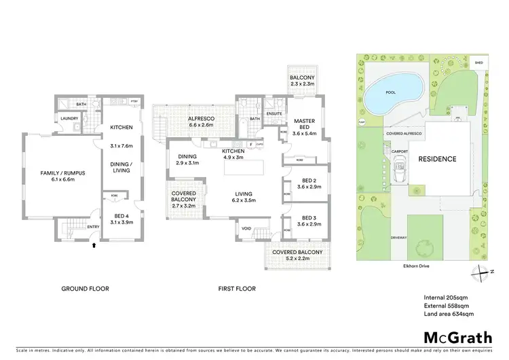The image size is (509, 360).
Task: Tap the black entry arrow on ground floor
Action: (x=93, y=247)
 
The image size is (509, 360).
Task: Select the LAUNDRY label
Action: (x=66, y=118)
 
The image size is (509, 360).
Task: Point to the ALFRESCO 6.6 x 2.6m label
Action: (x=201, y=122)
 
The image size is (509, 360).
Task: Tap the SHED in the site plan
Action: (x=478, y=62)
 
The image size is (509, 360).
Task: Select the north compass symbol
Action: (x=480, y=272)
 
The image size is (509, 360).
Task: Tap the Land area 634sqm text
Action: (x=449, y=314)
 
